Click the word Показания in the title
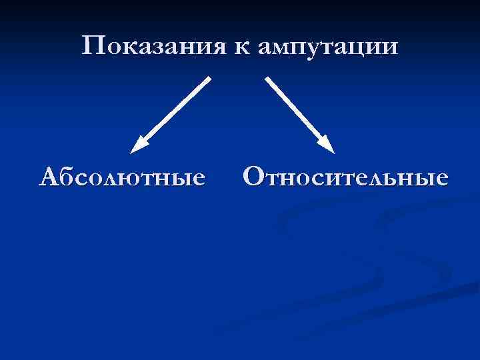pyautogui.click(x=155, y=46)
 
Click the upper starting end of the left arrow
pyautogui.click(x=209, y=79)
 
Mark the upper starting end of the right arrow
pyautogui.click(x=268, y=79)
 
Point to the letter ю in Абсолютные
pyautogui.click(x=138, y=179)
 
